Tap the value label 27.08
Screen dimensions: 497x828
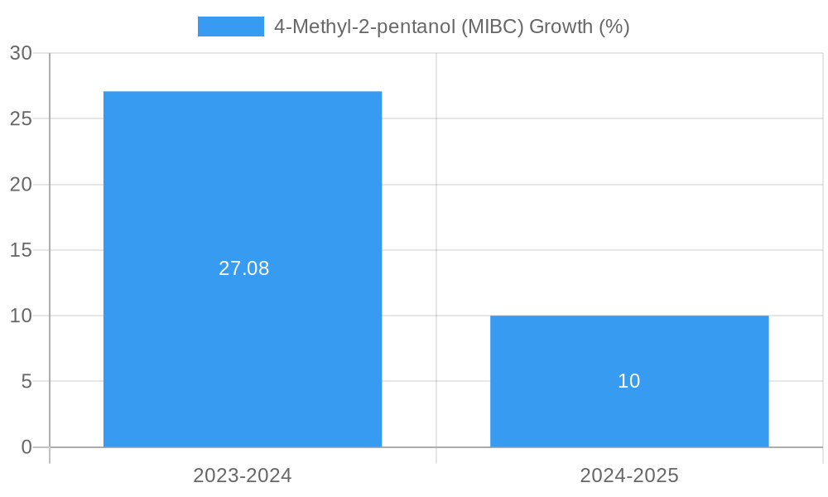[x=243, y=268]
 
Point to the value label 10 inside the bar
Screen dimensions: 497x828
[x=629, y=381]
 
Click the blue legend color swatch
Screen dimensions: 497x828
[x=230, y=27]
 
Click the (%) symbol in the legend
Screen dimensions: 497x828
[x=614, y=27]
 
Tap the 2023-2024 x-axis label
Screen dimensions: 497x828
[x=243, y=475]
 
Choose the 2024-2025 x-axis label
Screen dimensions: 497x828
[x=629, y=475]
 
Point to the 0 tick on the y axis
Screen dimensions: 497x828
[x=26, y=447]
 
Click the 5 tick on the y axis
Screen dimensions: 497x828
[x=26, y=382]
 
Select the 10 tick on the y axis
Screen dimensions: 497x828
[x=21, y=316]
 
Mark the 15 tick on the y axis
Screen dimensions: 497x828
[x=21, y=250]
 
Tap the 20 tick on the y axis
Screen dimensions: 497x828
[x=21, y=185]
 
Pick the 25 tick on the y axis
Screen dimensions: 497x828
[x=21, y=118]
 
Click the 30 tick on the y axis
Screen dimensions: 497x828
[x=21, y=53]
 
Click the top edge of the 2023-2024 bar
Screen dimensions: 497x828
[x=243, y=92]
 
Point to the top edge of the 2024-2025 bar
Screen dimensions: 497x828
[x=629, y=316]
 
